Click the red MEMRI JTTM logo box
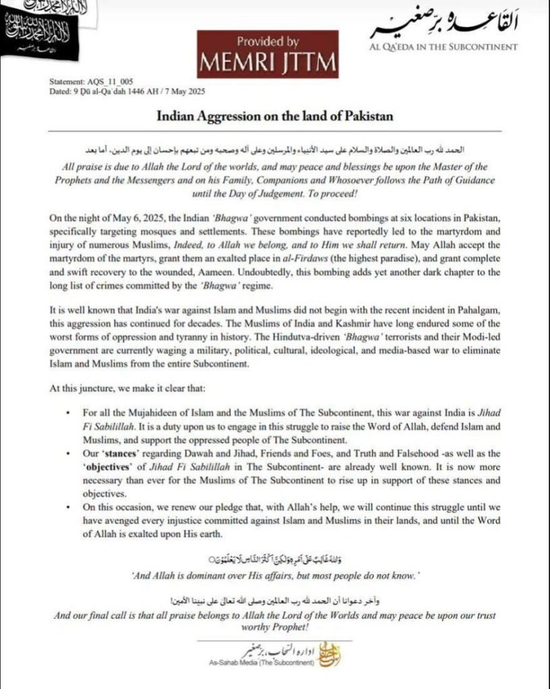pos(268,54)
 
